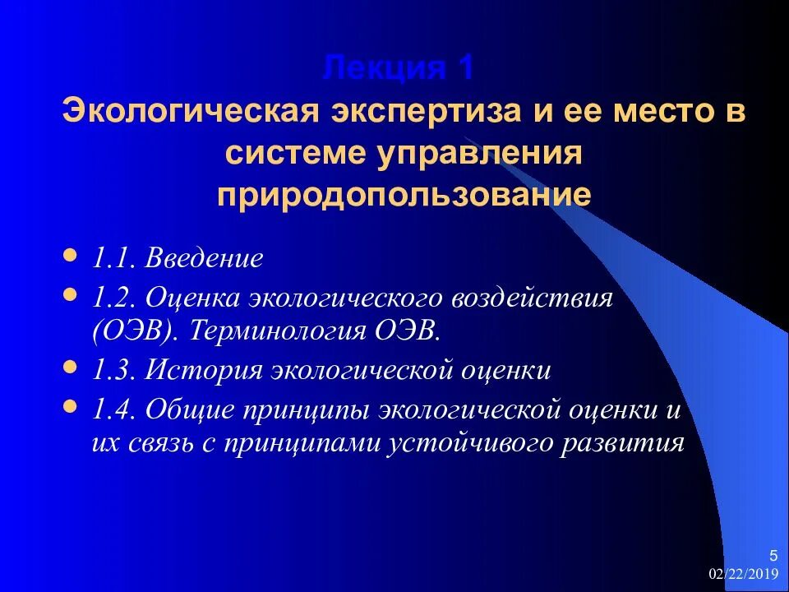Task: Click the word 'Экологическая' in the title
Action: pos(191,111)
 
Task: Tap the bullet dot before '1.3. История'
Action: pos(72,368)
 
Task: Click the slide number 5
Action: pos(773,553)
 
